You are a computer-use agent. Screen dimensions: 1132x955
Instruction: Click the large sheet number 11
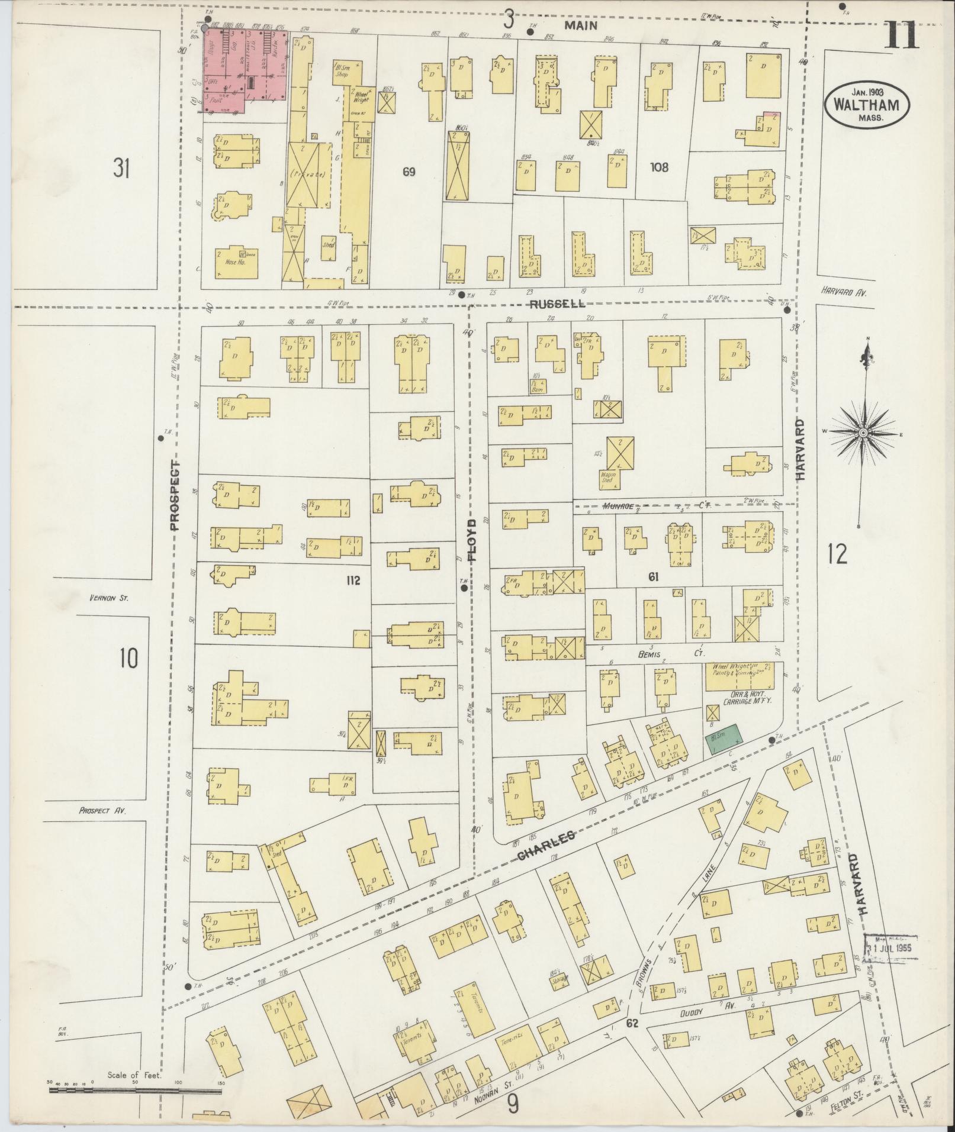click(x=902, y=36)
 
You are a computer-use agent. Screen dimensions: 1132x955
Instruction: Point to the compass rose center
click(x=863, y=434)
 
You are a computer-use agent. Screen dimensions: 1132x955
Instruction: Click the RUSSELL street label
click(x=557, y=304)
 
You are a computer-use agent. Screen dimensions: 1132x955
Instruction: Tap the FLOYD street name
click(x=472, y=541)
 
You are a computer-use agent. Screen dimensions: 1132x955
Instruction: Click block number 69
click(x=409, y=172)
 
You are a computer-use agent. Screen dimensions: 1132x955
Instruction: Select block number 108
click(x=658, y=167)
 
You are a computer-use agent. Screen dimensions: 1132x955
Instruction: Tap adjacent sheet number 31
click(x=121, y=169)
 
